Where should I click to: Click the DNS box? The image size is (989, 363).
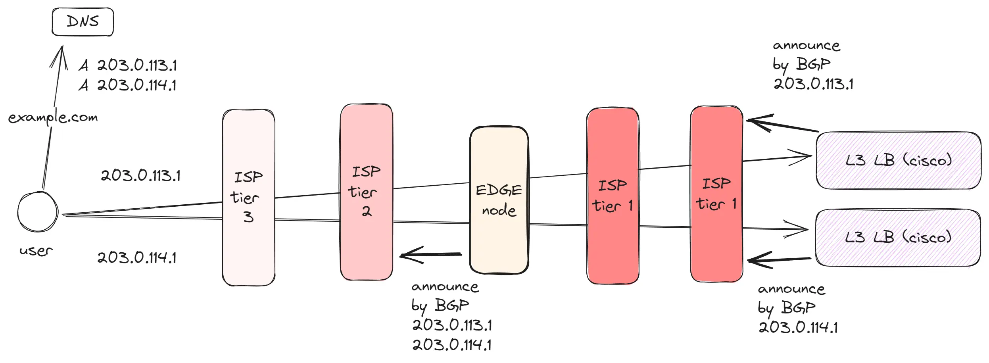[x=83, y=22]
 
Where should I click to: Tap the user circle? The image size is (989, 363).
[x=38, y=212]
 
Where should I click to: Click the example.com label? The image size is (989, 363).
[x=53, y=117]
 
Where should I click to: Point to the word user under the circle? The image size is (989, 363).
[x=36, y=251]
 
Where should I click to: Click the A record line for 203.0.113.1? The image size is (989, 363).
[x=128, y=65]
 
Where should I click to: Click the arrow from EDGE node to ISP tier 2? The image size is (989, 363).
[x=430, y=254]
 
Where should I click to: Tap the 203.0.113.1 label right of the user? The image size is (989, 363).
[x=140, y=175]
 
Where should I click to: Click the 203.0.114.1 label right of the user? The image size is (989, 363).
[x=137, y=257]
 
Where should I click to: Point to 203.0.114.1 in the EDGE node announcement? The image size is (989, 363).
[x=452, y=344]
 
